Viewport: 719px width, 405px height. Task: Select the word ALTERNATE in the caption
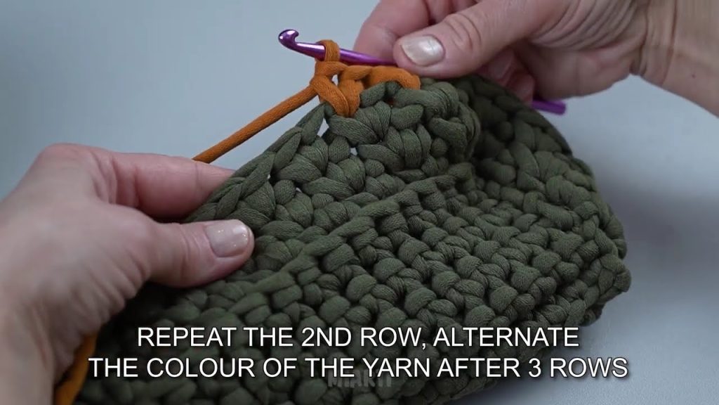[506, 337]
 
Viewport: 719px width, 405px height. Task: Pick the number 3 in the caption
[534, 367]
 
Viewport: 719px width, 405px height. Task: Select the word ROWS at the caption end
[588, 367]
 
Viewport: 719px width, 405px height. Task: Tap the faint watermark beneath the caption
[360, 380]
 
